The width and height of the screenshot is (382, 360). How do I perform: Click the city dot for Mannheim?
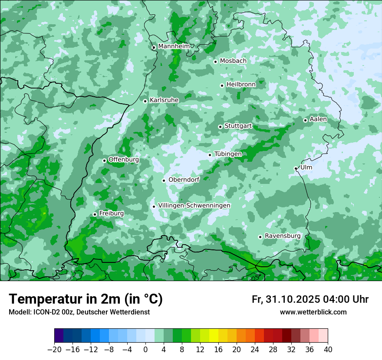[x=154, y=48]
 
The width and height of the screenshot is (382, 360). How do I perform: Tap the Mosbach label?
[x=233, y=61]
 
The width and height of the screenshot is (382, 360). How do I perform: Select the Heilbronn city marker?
[x=222, y=85]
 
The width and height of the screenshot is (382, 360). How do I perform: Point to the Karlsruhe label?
[x=164, y=100]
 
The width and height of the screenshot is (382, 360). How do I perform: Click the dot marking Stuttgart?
[x=220, y=127]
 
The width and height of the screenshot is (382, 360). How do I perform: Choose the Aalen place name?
[x=318, y=119]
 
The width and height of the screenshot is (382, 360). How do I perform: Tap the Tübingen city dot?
[x=210, y=155]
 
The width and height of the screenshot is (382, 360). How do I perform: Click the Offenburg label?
[x=124, y=160]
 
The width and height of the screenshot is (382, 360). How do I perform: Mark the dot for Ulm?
[x=296, y=168]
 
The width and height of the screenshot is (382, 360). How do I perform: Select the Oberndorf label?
[x=184, y=180]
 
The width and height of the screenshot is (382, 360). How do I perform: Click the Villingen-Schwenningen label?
[x=194, y=206]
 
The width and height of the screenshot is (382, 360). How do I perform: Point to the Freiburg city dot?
[x=95, y=214]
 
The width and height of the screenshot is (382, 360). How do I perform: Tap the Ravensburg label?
[x=283, y=236]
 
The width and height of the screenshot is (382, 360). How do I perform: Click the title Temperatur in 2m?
[x=86, y=299]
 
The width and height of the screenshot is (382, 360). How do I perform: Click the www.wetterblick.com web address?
[x=313, y=312]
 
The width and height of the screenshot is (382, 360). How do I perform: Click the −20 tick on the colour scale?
[x=54, y=350]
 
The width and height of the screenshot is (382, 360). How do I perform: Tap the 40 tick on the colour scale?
[x=328, y=350]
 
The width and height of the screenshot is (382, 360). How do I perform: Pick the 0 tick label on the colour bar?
[x=145, y=350]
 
